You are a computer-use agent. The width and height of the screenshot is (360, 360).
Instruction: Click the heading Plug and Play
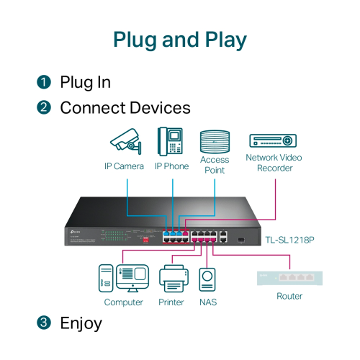[x=179, y=39]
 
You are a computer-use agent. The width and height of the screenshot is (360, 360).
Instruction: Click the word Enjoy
[x=81, y=323]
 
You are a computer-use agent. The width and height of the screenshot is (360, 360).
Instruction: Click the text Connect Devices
[x=125, y=108]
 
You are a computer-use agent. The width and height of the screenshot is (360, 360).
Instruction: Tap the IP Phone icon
[x=171, y=142]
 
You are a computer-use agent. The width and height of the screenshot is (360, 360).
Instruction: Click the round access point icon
[x=215, y=140]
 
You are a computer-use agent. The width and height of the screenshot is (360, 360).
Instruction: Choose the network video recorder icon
[x=274, y=140]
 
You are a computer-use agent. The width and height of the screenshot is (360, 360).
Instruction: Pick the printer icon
[x=171, y=279]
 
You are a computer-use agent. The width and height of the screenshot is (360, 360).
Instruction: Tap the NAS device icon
[x=207, y=280]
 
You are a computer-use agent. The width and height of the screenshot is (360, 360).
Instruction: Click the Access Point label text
[x=215, y=165]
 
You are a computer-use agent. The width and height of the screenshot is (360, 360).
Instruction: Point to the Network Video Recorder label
[x=274, y=163]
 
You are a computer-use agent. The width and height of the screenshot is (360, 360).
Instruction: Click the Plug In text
[x=85, y=82]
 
